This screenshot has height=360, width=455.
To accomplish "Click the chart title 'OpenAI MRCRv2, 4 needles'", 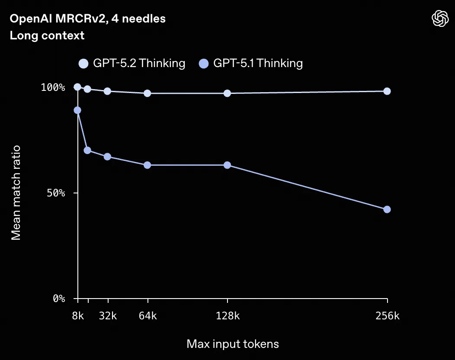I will click(x=87, y=19).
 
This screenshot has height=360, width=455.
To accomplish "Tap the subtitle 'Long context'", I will click(x=47, y=35).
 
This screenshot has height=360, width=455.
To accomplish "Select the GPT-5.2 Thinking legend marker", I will click(x=83, y=64).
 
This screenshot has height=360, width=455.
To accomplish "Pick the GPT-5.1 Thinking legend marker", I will click(x=204, y=64).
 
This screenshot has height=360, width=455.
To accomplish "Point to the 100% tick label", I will click(x=53, y=87).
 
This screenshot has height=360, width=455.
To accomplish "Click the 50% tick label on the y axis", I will click(x=56, y=193).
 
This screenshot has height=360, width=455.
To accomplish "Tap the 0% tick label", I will click(x=59, y=299).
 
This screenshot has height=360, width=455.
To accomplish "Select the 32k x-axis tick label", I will click(x=108, y=316).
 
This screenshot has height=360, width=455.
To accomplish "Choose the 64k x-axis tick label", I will click(x=147, y=316).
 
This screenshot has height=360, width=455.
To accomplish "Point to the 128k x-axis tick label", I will click(x=227, y=316).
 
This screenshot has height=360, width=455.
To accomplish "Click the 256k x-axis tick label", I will click(x=387, y=316).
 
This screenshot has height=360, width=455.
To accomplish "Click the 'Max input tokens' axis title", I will click(x=233, y=344).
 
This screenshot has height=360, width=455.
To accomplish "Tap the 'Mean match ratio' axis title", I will click(x=16, y=193).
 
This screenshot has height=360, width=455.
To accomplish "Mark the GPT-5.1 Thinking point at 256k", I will click(x=387, y=209).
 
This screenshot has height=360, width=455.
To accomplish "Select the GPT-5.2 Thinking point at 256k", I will click(x=387, y=91).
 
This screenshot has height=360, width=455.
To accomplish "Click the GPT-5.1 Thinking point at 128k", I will click(x=227, y=165).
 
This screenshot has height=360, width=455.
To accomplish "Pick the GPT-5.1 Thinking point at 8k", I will click(x=77, y=110).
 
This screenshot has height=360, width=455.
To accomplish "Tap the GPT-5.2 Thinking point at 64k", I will click(x=147, y=93).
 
